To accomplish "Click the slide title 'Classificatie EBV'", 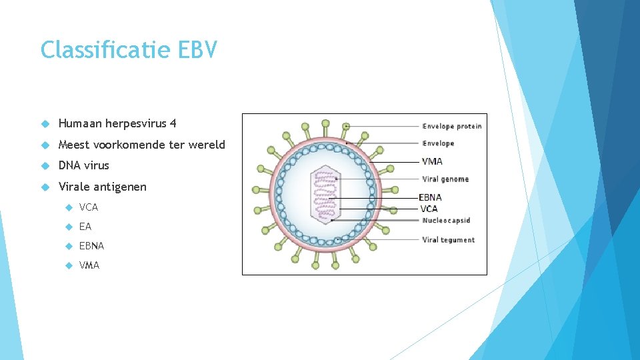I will click(x=129, y=50).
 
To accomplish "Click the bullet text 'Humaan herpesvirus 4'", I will click(x=117, y=123).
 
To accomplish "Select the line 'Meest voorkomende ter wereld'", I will click(x=142, y=145).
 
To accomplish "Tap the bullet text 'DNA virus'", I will click(x=83, y=165).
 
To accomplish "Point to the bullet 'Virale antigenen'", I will click(x=102, y=187).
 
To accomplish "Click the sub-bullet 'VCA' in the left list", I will click(x=89, y=207).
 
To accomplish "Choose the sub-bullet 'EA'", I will click(x=85, y=227).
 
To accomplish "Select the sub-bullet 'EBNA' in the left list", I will click(x=91, y=246).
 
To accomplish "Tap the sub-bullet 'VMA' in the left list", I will click(x=89, y=265).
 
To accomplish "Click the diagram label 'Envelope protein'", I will click(x=451, y=126).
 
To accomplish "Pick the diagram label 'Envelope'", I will click(x=438, y=143).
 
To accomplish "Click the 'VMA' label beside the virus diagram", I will click(x=432, y=161).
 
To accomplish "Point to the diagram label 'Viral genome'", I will click(x=445, y=179).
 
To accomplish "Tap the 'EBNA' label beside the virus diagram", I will click(x=430, y=197).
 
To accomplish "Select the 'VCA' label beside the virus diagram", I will click(x=429, y=209).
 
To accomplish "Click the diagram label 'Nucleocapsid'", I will click(x=446, y=221).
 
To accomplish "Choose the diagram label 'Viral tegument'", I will click(x=448, y=240).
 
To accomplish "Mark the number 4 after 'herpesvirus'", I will click(x=173, y=123).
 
